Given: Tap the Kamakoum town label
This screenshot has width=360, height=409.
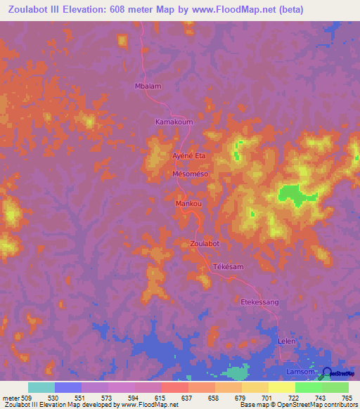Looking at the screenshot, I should pos(174,122).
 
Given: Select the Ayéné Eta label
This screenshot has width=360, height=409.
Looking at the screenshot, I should pos(189,155).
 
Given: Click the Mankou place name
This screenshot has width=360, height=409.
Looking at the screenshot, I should pos(188,204).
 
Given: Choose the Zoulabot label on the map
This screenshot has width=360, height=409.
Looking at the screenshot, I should pos(205,243).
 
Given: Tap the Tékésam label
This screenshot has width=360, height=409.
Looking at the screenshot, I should pos(228,268).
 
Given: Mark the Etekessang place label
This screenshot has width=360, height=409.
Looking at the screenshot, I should pos(260,301).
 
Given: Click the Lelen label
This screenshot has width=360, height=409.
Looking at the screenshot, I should pos(285,341).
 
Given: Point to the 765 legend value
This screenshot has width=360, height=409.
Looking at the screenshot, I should pos(347,398).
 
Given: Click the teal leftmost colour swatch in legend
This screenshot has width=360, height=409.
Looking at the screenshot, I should pos(41,387).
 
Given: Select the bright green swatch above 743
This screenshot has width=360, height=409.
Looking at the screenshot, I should pos(308,387).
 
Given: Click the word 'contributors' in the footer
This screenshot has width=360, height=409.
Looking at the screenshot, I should pos(337,405).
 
